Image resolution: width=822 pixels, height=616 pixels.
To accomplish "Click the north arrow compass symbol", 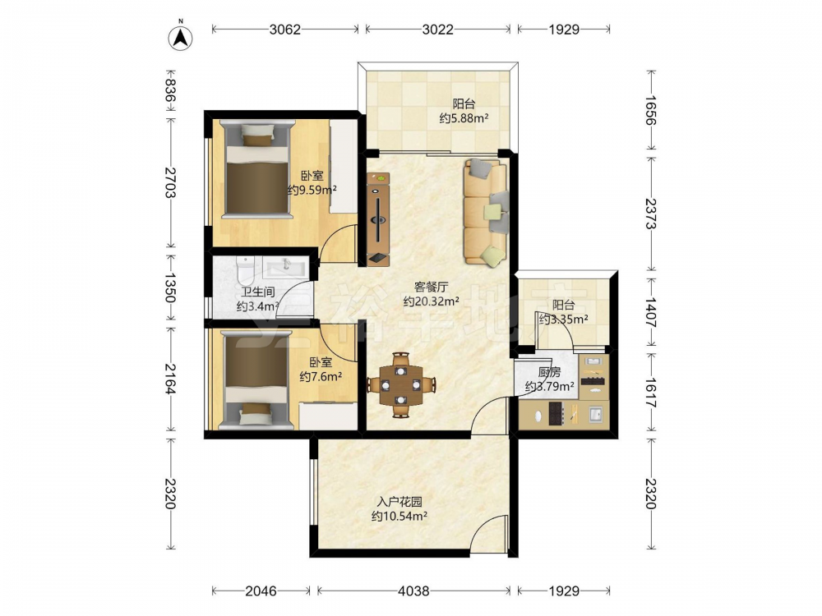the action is (180, 37).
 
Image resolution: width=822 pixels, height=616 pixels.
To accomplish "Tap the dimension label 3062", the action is (284, 30).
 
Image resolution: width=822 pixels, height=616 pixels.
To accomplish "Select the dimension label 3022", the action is (438, 30).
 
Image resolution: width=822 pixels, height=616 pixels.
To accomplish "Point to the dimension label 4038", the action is (413, 591).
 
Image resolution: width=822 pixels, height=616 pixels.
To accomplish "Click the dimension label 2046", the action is (261, 591).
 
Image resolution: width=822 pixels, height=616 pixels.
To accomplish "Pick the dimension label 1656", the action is (650, 110).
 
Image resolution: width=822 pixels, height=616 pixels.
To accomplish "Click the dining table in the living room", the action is (401, 385).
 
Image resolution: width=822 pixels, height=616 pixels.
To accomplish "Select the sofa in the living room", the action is (486, 212).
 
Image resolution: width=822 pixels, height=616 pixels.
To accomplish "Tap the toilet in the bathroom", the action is (245, 269).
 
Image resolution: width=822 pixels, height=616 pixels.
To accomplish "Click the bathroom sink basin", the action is (284, 268).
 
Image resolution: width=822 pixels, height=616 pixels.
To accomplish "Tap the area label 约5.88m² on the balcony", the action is (464, 118).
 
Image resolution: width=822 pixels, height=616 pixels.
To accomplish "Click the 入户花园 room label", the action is (401, 502).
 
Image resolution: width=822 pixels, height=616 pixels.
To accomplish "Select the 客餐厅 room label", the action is (431, 287).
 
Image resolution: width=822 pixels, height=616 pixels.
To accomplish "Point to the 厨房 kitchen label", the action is (549, 372).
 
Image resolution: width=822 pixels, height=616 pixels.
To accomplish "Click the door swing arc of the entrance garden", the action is (483, 526).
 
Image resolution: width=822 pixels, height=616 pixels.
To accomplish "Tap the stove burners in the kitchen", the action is (555, 413).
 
